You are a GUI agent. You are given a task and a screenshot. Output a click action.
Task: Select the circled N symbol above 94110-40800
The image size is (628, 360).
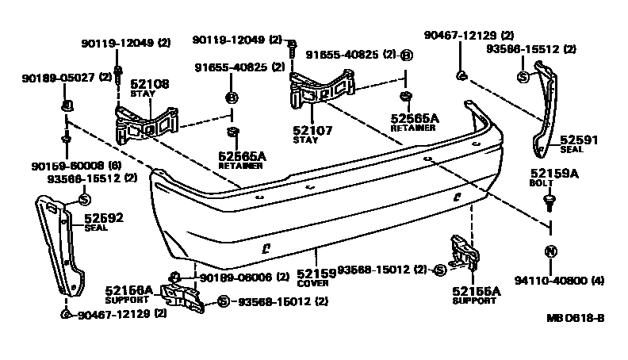(549, 251)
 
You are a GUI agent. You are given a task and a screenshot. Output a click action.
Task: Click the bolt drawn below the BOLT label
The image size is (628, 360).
(549, 204)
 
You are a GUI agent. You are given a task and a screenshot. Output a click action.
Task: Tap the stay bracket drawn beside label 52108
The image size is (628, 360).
(147, 122)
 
